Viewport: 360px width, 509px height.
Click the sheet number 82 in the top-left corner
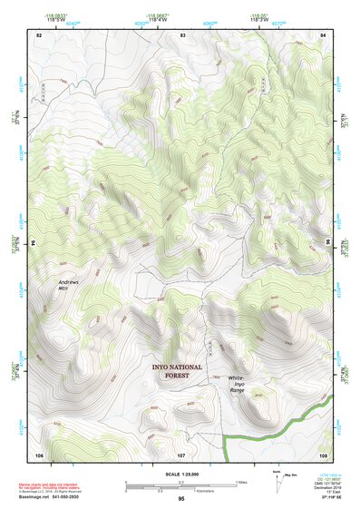39,34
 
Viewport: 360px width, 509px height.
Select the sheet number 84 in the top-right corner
324,34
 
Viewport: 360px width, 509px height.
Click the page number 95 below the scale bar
181,498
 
